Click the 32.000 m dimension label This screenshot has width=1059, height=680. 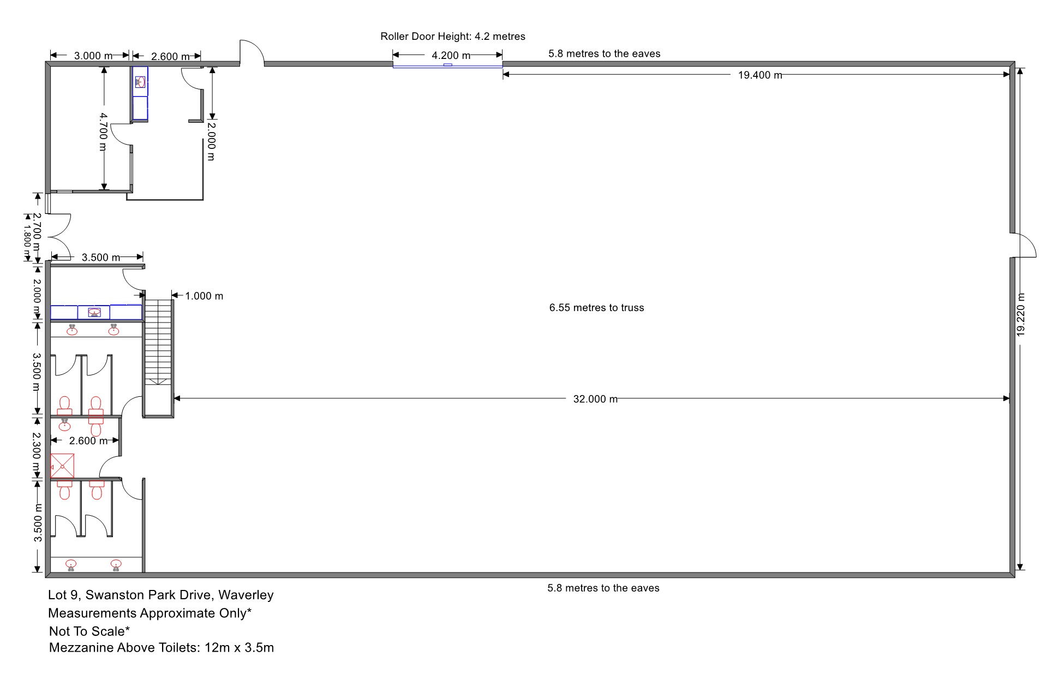[595, 399]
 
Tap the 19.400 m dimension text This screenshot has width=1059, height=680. [760, 75]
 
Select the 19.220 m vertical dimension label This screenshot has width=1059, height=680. [1021, 314]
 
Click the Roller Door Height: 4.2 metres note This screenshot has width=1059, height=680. [453, 37]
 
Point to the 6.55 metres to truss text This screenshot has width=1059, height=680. [596, 308]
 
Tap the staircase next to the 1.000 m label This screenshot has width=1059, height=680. [158, 359]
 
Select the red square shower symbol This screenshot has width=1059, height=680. [62, 466]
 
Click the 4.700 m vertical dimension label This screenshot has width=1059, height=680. [104, 132]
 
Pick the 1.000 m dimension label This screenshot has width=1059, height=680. [204, 296]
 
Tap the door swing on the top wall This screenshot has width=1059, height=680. [252, 52]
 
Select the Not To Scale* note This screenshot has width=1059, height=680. [89, 631]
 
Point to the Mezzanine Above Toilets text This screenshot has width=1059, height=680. [125, 648]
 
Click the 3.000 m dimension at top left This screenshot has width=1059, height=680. [93, 56]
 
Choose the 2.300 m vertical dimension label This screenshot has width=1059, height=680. [37, 453]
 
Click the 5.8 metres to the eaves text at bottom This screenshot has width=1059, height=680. [603, 588]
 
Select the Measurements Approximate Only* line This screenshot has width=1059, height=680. [150, 613]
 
